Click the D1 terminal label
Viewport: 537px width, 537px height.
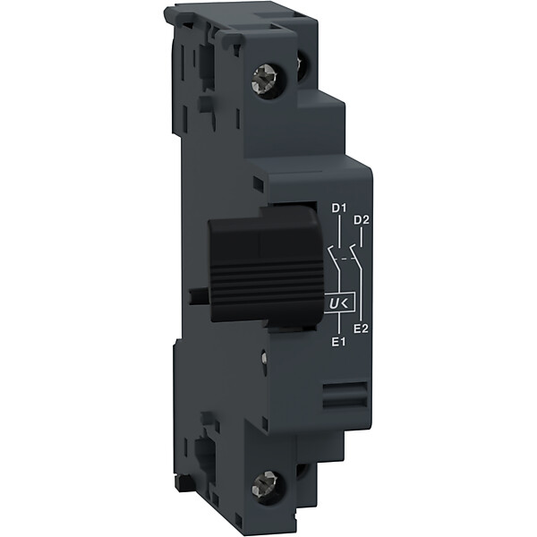click(338, 208)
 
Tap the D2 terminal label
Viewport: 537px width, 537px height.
click(362, 220)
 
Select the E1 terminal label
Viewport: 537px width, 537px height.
click(338, 342)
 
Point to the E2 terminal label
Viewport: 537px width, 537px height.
click(361, 329)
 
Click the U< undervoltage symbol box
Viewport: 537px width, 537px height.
click(339, 303)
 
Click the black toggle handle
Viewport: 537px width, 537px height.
click(266, 266)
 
